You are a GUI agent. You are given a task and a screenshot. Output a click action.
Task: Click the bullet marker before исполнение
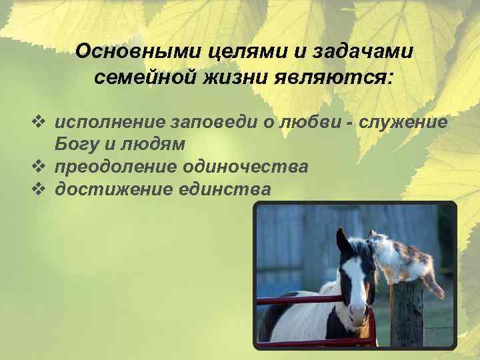37,122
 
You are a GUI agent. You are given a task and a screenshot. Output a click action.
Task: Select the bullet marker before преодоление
37,166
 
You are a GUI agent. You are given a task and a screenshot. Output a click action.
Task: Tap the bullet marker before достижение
37,189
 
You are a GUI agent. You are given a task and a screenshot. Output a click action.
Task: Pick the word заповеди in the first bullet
209,122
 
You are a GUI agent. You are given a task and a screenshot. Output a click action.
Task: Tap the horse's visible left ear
341,239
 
